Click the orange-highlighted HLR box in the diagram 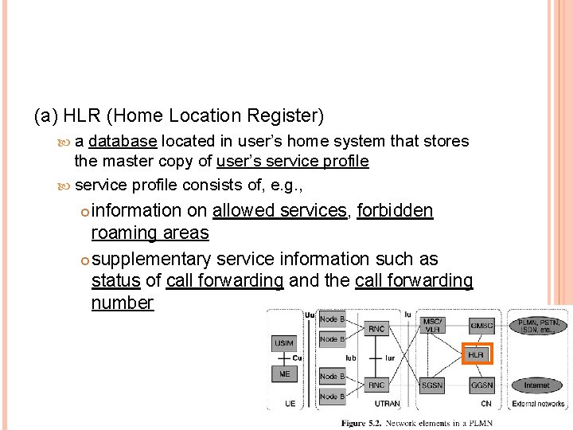point(477,354)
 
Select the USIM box point(284,343)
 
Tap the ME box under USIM point(284,373)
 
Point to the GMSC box point(481,325)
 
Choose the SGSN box point(432,385)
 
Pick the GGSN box point(481,385)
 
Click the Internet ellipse point(536,385)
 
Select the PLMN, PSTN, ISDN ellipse point(538,326)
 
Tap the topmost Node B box point(332,319)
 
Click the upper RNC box point(377,328)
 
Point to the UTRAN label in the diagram point(387,405)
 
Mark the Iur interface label point(390,358)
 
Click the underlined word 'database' point(123,141)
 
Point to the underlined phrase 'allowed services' point(280,210)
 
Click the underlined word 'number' point(123,303)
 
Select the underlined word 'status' point(115,281)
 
